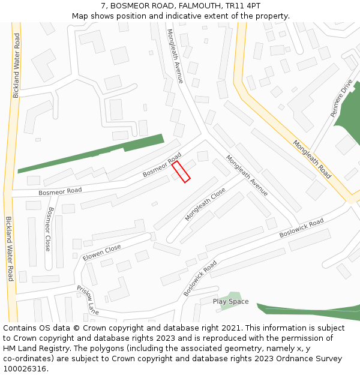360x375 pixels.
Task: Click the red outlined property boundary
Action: pyautogui.click(x=181, y=171)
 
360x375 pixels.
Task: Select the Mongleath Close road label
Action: pyautogui.click(x=205, y=204)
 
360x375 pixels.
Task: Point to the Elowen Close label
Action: pyautogui.click(x=101, y=253)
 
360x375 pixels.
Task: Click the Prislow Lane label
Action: pyautogui.click(x=87, y=300)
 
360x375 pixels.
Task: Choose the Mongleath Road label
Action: pyautogui.click(x=312, y=160)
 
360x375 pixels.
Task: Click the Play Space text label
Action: pyautogui.click(x=230, y=301)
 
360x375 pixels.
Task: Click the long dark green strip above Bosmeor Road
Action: pyautogui.click(x=90, y=154)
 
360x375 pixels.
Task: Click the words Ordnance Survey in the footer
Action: pyautogui.click(x=311, y=359)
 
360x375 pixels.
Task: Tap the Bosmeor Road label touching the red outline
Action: pyautogui.click(x=162, y=165)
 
